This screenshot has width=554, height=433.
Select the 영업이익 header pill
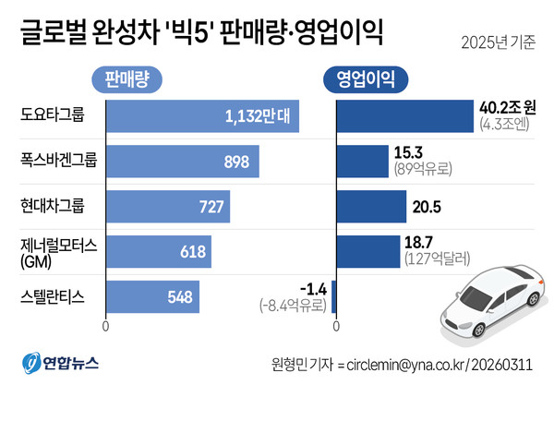pos(357,79)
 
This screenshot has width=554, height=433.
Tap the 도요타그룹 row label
pos(52,115)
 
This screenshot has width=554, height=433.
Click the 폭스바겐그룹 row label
pos(57,161)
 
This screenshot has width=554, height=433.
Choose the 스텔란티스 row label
pos(52,296)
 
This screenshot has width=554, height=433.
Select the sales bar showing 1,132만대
pos(202,115)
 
